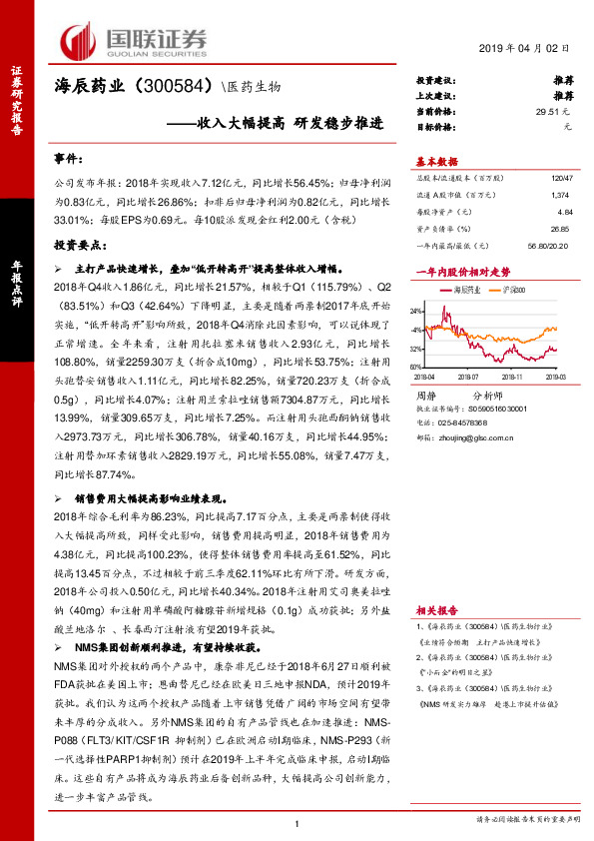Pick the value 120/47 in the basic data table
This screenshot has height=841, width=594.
click(x=561, y=176)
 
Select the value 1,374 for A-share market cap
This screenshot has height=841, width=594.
click(x=563, y=194)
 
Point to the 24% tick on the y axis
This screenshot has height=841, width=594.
click(x=417, y=312)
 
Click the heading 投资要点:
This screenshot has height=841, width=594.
click(x=79, y=245)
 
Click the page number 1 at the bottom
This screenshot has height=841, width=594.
click(x=297, y=822)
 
